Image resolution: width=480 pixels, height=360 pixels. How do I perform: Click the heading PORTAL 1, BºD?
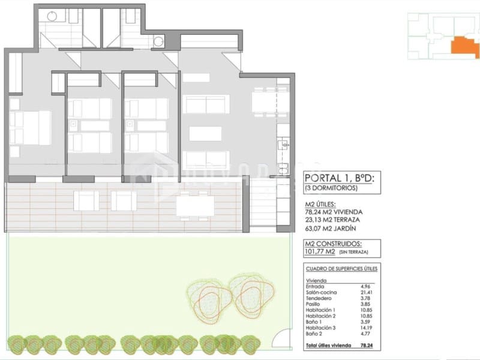340,178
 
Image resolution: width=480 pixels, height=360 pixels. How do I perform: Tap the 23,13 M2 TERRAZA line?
334,220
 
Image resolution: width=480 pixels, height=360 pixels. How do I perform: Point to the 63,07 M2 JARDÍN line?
331,227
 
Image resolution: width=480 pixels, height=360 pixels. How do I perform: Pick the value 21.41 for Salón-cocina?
366,292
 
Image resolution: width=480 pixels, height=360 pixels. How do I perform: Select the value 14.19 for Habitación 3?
366,328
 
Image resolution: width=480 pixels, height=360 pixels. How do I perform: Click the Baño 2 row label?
315,334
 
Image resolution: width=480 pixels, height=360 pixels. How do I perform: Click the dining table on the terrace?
195,205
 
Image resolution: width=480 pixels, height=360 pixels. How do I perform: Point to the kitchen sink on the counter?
283,144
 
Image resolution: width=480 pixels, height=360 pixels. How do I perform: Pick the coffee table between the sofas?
205,133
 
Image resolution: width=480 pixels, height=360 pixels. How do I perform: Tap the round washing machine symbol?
158,41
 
